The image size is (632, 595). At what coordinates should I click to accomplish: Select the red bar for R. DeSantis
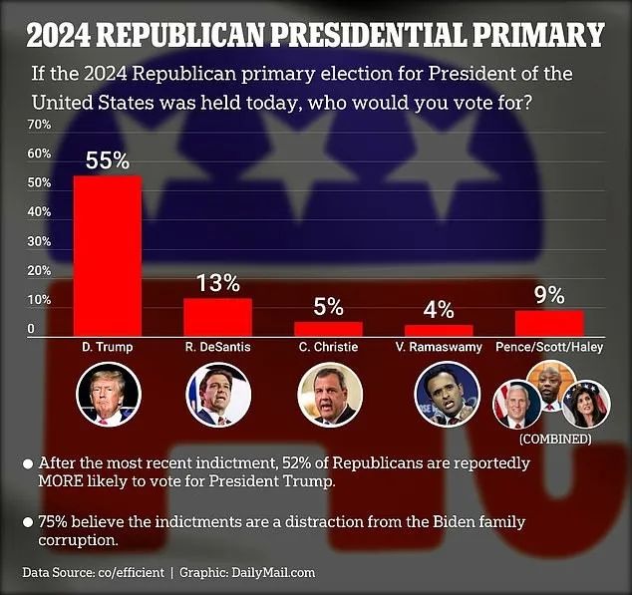217,316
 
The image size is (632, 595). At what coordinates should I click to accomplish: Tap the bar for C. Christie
328,328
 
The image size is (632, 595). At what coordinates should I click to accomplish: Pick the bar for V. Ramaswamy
439,330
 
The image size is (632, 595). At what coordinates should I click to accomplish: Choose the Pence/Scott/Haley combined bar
549,323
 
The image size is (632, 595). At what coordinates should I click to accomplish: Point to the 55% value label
108,160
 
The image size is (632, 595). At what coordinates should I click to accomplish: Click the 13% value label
217,283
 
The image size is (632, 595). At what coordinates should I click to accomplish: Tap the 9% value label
549,295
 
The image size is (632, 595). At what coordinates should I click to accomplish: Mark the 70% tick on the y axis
39,126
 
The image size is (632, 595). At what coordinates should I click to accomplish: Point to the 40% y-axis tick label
39,212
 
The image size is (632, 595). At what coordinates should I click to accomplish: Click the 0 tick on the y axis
32,329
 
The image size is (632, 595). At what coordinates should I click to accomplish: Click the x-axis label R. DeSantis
217,348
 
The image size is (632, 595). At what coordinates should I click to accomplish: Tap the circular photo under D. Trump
108,395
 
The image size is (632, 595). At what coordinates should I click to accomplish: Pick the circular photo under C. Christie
328,395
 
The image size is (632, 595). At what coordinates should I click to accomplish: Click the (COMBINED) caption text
554,439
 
